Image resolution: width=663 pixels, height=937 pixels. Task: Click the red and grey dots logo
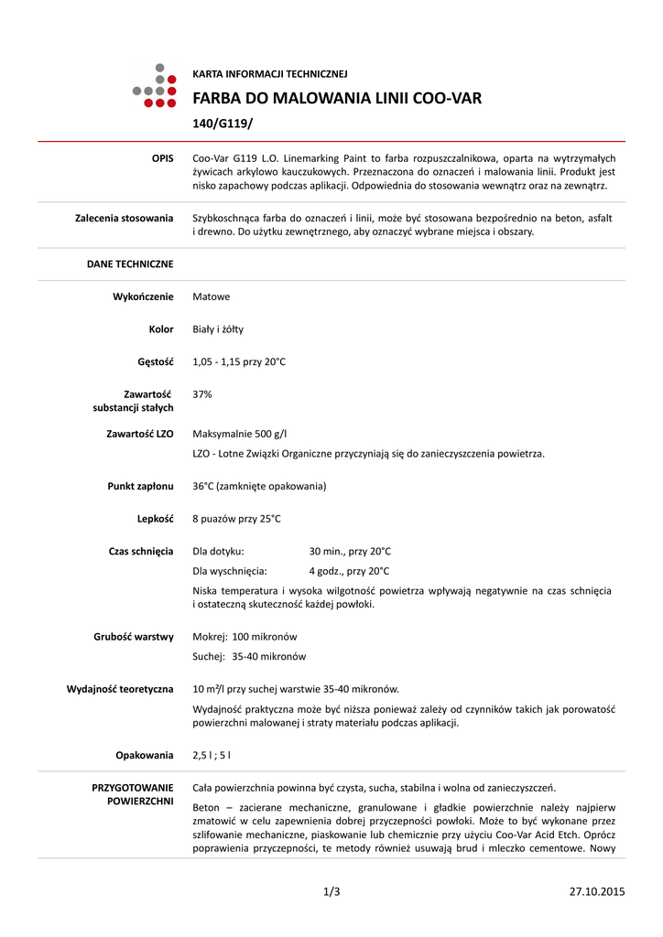pyautogui.click(x=155, y=86)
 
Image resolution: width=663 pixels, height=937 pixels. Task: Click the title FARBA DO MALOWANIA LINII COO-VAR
pyautogui.click(x=336, y=98)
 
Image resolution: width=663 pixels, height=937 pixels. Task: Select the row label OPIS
pyautogui.click(x=162, y=159)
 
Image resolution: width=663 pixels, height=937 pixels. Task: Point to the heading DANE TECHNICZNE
pyautogui.click(x=130, y=264)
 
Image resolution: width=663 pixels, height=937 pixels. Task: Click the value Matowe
pyautogui.click(x=212, y=296)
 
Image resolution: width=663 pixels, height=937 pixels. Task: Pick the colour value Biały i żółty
pyautogui.click(x=218, y=328)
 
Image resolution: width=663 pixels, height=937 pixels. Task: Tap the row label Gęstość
pyautogui.click(x=156, y=361)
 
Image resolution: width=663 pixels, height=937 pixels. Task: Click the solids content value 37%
pyautogui.click(x=202, y=393)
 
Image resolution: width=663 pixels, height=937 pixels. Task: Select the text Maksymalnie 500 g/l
pyautogui.click(x=245, y=433)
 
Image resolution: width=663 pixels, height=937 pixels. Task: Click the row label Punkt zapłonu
pyautogui.click(x=141, y=486)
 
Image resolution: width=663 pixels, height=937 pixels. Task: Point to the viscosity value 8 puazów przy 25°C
pyautogui.click(x=236, y=519)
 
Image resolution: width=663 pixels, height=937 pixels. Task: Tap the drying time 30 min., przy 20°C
pyautogui.click(x=350, y=551)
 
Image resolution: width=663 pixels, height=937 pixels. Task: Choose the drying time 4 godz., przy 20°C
pyautogui.click(x=350, y=570)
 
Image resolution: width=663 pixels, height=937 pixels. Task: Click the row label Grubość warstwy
pyautogui.click(x=134, y=637)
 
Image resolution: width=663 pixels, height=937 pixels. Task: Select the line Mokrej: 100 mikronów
pyautogui.click(x=245, y=637)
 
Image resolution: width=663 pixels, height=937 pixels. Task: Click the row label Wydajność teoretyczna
pyautogui.click(x=120, y=689)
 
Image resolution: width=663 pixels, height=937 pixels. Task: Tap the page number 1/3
pyautogui.click(x=331, y=891)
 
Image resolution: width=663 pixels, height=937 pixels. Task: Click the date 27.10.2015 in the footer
pyautogui.click(x=597, y=891)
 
